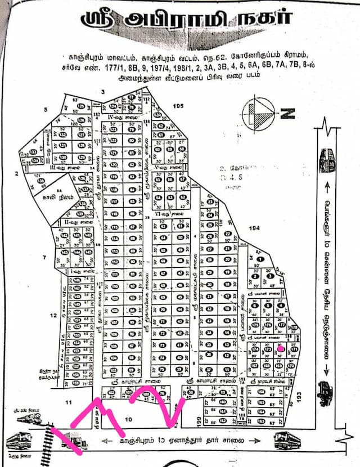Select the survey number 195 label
coord(179,106)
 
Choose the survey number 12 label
coord(53,316)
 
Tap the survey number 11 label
coord(68,403)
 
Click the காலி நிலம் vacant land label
coord(57,197)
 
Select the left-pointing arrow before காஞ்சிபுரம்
coord(105,441)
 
